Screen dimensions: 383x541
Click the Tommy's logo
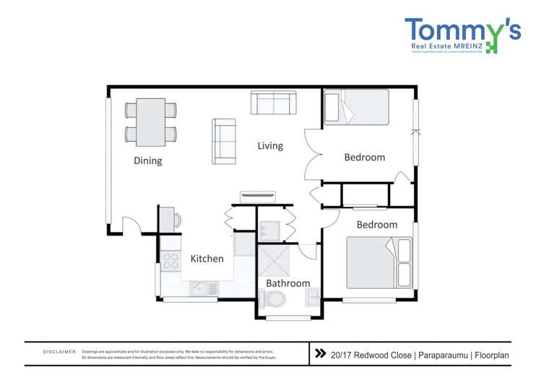tap(462, 35)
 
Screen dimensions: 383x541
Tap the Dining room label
tap(147, 160)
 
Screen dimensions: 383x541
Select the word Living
tap(270, 146)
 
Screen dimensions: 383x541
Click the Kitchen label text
tap(207, 259)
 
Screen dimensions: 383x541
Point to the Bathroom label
tap(287, 283)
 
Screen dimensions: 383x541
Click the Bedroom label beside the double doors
tap(364, 157)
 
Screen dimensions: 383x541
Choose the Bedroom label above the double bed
tap(376, 225)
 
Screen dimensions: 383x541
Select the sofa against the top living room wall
tap(273, 103)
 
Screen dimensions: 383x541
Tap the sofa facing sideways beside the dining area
tap(224, 140)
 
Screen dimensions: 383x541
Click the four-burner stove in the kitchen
tap(170, 261)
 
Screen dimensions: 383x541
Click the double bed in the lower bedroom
tap(378, 263)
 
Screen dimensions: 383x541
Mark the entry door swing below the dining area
tap(131, 225)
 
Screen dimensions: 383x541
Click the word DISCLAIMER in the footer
tap(60, 352)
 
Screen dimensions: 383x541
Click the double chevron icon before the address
tap(320, 354)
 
